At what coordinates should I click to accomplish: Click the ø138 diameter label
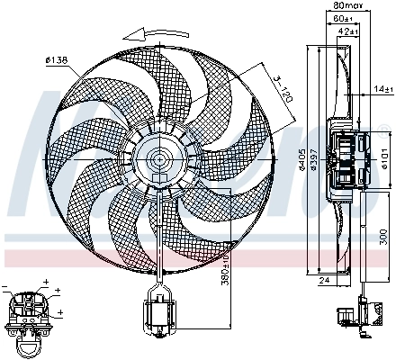tap(57, 60)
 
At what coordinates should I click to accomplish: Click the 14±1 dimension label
tap(383, 88)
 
